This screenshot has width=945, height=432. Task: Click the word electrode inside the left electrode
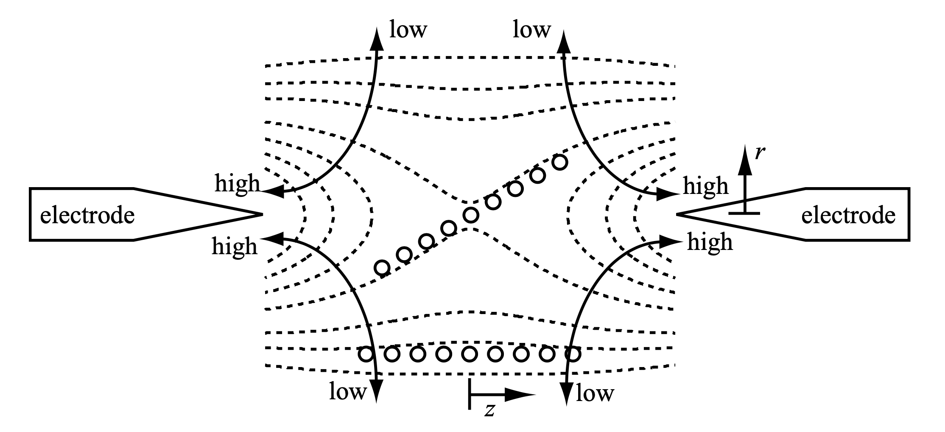tap(87, 216)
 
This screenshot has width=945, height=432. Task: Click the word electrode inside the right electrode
tap(848, 216)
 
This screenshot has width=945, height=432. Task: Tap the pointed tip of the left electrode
tap(262, 214)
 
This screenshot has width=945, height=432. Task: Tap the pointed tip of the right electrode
tap(677, 214)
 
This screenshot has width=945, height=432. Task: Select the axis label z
tap(489, 410)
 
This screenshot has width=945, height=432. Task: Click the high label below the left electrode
tap(235, 246)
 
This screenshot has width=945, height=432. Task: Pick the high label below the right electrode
tap(710, 242)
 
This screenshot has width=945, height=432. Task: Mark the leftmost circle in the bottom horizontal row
tap(366, 353)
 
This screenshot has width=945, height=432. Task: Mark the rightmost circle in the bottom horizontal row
tap(573, 353)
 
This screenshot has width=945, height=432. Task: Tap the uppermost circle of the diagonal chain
tap(560, 163)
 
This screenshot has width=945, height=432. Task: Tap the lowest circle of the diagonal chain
tap(382, 268)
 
